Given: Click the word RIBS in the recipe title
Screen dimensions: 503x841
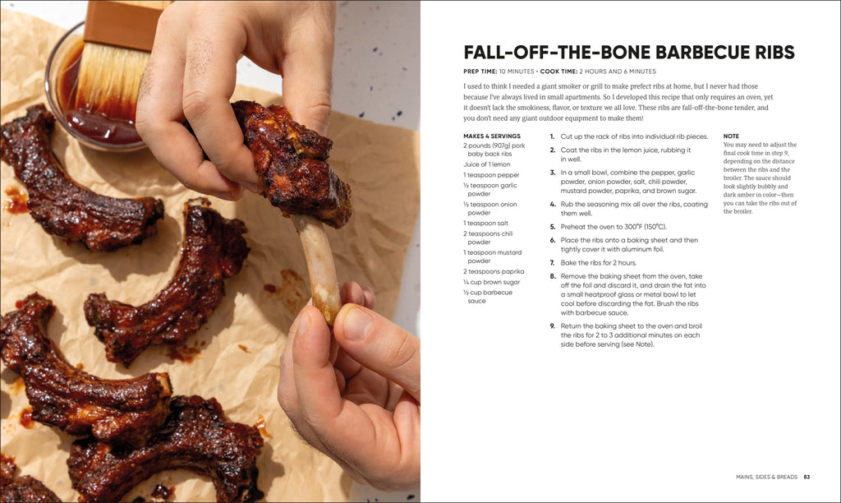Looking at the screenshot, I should (x=765, y=53).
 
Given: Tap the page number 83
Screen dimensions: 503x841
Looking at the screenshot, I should (x=807, y=477).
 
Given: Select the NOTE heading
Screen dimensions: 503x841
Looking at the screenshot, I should (x=731, y=136).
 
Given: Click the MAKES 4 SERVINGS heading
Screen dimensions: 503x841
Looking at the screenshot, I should (x=491, y=136).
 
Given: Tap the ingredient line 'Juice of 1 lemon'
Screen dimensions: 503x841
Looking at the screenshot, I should (x=487, y=164).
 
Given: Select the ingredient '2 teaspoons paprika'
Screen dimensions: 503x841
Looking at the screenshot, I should (x=494, y=271).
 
